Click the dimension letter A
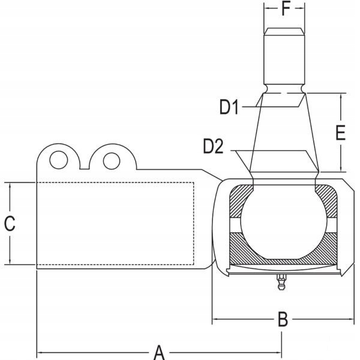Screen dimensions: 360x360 coord(159,351)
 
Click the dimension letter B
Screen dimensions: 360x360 coord(283,319)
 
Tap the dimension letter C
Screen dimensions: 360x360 coord(10,223)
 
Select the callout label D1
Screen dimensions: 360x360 coord(229,108)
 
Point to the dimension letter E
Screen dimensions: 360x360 coord(340,133)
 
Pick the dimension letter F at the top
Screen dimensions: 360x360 coord(285,10)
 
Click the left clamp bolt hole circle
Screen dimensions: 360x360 coord(58,160)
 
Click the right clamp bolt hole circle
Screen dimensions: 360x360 coord(110,160)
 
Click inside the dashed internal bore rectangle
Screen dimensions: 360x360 coord(114,223)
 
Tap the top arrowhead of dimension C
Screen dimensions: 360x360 coord(10,185)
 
